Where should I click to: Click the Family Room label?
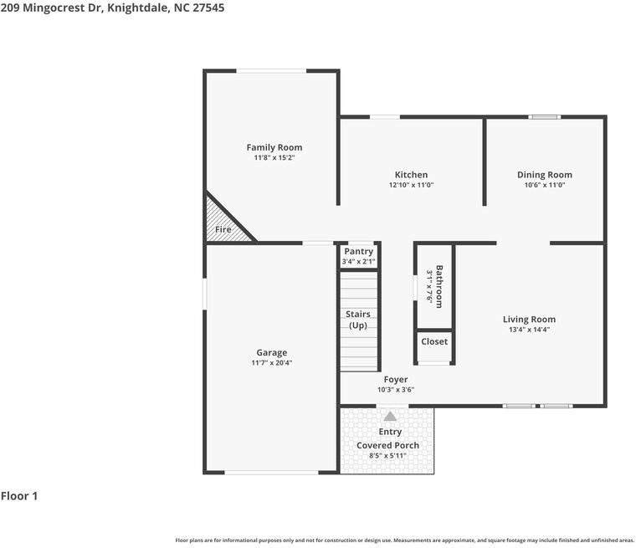pyautogui.click(x=274, y=147)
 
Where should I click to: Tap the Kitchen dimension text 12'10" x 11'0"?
pyautogui.click(x=411, y=185)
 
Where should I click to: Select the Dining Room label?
pyautogui.click(x=544, y=175)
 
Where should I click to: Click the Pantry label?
pyautogui.click(x=358, y=252)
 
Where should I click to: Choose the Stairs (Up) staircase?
pyautogui.click(x=358, y=322)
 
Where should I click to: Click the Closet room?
pyautogui.click(x=434, y=342)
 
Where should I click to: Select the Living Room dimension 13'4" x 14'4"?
pyautogui.click(x=529, y=330)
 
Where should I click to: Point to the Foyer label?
pyautogui.click(x=396, y=379)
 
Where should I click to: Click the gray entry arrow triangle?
pyautogui.click(x=390, y=416)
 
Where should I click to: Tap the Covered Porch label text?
pyautogui.click(x=387, y=445)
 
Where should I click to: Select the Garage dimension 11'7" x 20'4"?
pyautogui.click(x=271, y=363)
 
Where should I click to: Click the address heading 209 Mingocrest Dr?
pyautogui.click(x=112, y=8)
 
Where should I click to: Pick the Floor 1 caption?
pyautogui.click(x=19, y=496)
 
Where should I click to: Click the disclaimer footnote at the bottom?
pyautogui.click(x=404, y=540)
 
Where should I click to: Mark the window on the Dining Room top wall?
pyautogui.click(x=545, y=116)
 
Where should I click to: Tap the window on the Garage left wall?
pyautogui.click(x=205, y=294)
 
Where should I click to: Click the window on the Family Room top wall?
pyautogui.click(x=271, y=70)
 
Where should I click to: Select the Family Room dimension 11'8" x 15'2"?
pyautogui.click(x=274, y=157)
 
